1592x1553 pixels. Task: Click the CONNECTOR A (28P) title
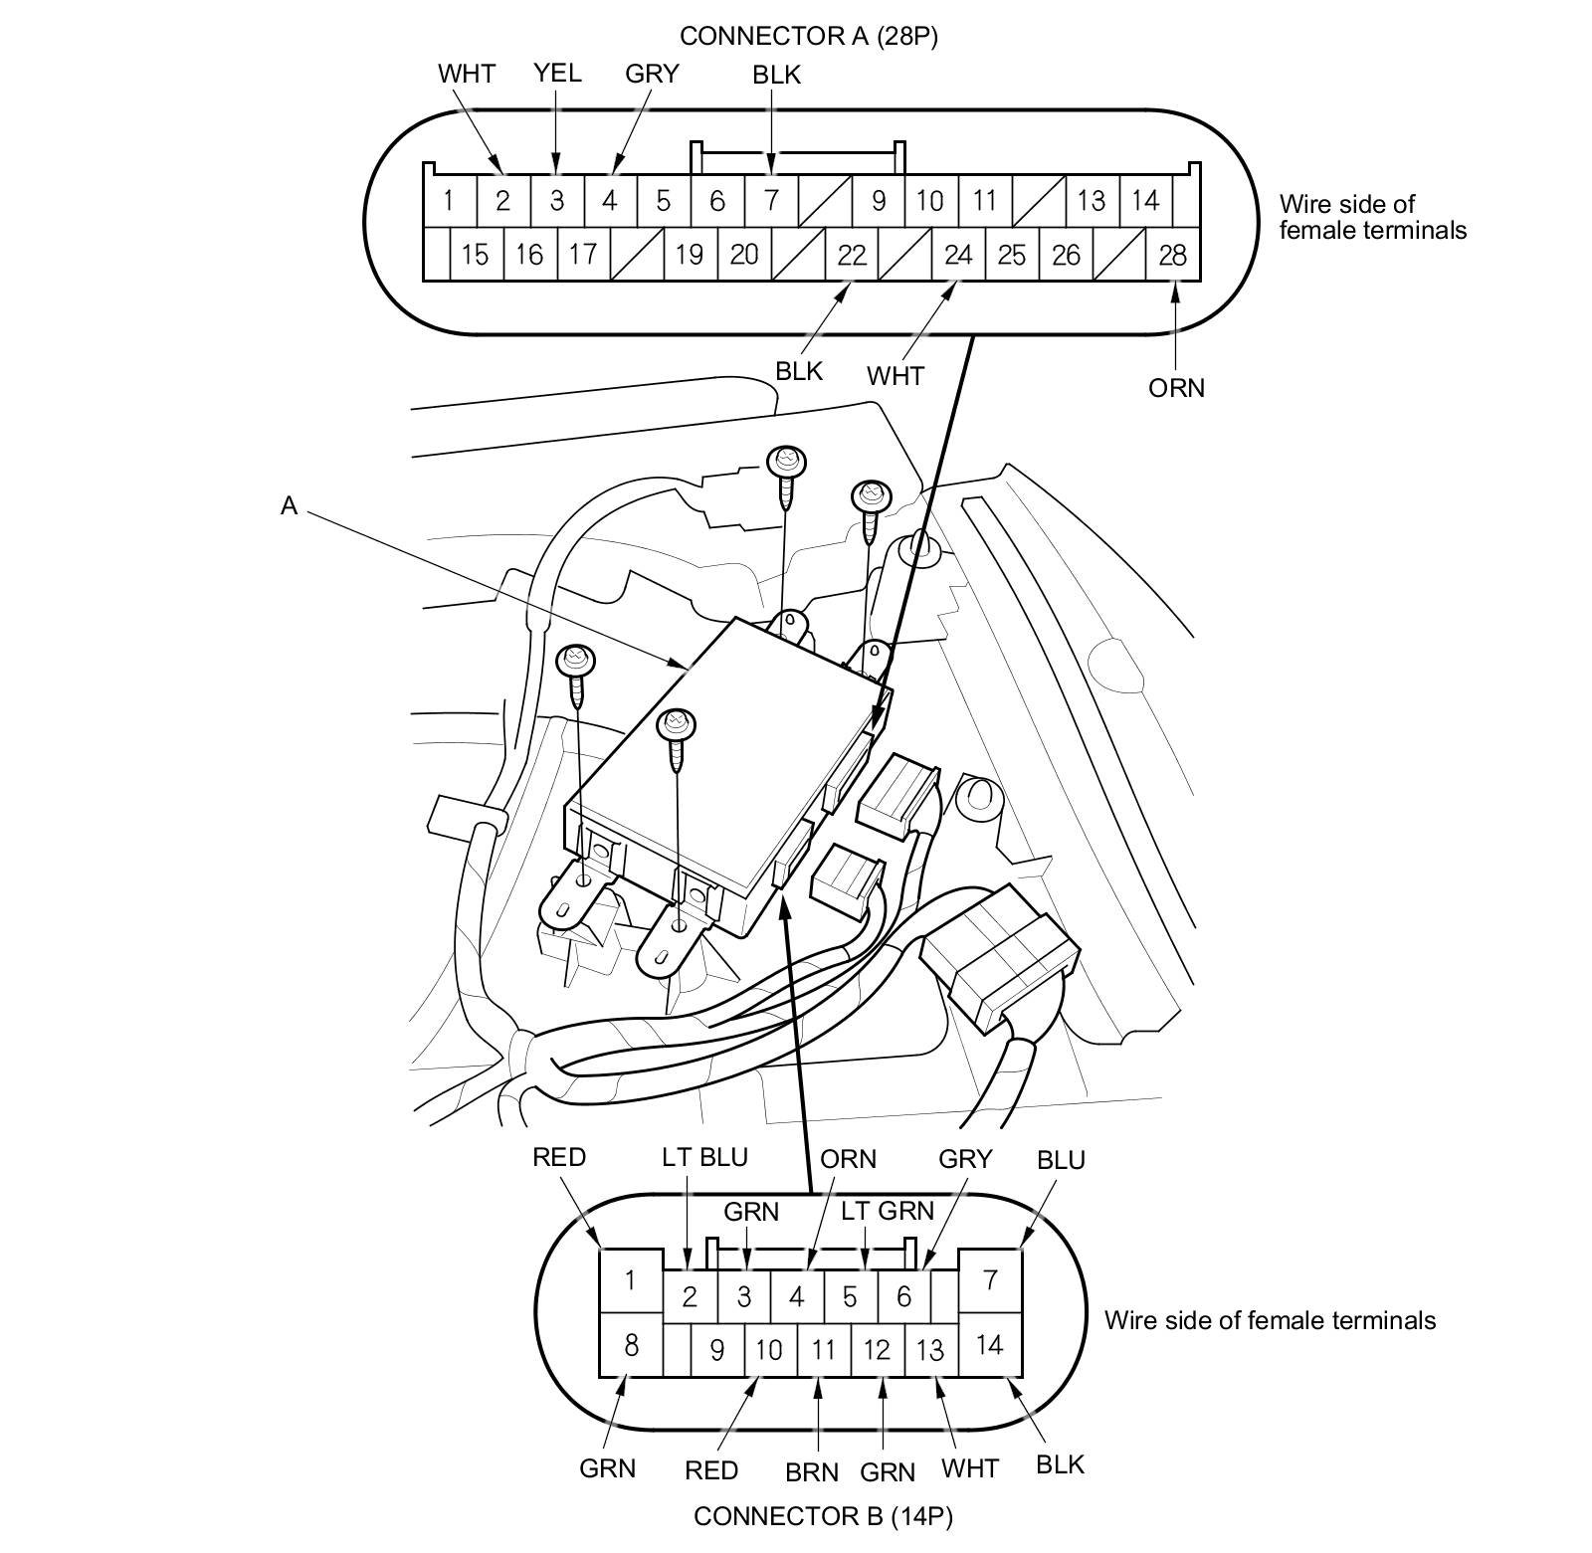click(808, 37)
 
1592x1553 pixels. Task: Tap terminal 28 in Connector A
click(1172, 256)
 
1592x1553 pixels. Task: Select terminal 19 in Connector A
click(689, 256)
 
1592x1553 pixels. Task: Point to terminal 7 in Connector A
click(770, 201)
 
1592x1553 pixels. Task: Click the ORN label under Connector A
click(1176, 388)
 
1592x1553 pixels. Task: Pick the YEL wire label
click(557, 73)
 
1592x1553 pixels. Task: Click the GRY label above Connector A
click(652, 74)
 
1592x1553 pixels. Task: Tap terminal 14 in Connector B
click(989, 1345)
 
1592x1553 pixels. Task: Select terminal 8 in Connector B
click(630, 1346)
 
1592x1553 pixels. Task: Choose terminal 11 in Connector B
click(823, 1350)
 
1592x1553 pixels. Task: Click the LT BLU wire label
click(704, 1157)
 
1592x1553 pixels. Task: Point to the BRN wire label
click(812, 1471)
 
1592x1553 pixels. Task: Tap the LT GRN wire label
click(888, 1210)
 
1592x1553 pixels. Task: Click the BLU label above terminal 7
click(1061, 1160)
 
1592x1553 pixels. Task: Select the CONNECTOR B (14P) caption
click(823, 1516)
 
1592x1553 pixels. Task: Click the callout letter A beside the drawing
click(289, 506)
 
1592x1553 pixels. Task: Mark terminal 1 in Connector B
click(629, 1279)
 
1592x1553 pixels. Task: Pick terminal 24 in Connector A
click(957, 256)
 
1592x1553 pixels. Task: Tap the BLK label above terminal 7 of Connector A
click(776, 75)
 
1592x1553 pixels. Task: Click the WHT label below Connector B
click(969, 1468)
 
